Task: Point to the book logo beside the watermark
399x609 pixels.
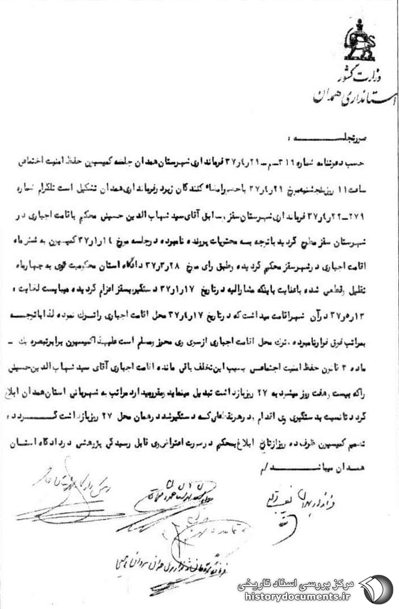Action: (x=377, y=588)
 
